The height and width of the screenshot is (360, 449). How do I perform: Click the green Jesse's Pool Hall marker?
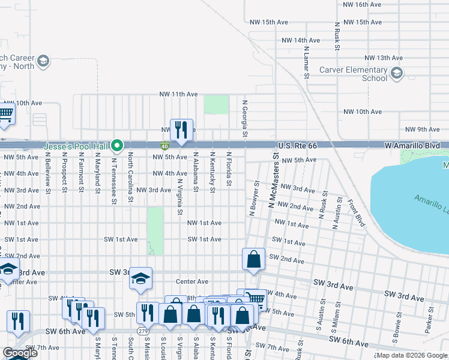[x=118, y=145]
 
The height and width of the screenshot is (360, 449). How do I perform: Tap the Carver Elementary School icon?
[x=396, y=73]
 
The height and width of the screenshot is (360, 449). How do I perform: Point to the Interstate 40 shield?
[x=164, y=146]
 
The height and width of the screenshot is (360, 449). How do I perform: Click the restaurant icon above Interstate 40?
[x=182, y=130]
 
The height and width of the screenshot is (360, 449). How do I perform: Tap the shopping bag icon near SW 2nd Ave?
[x=254, y=259]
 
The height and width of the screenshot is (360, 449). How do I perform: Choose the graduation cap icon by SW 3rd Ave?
[x=140, y=278]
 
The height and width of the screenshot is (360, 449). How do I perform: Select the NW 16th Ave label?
[x=362, y=4]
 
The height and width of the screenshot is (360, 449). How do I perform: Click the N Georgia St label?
[x=245, y=118]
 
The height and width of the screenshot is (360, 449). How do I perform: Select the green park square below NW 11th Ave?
[x=216, y=104]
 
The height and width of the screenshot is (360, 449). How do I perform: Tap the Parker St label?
[x=429, y=325]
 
